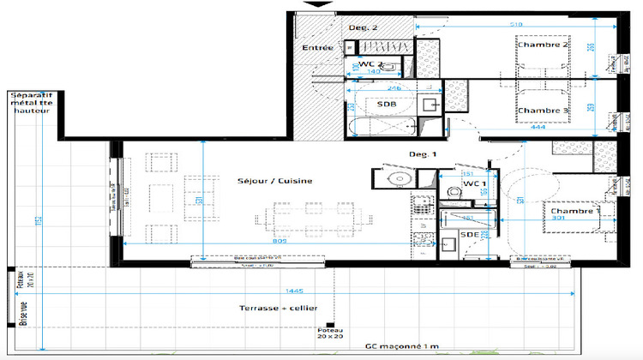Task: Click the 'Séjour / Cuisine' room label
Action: (x=275, y=181)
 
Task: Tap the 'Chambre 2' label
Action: (x=543, y=45)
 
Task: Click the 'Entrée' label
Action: (x=317, y=48)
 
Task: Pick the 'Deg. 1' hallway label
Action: (x=424, y=154)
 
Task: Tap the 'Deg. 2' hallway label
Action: (x=364, y=27)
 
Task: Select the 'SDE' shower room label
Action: (x=470, y=234)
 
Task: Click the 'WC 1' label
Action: (x=474, y=184)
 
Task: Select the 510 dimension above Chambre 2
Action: (x=517, y=25)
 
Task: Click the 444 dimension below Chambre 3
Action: (x=538, y=129)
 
